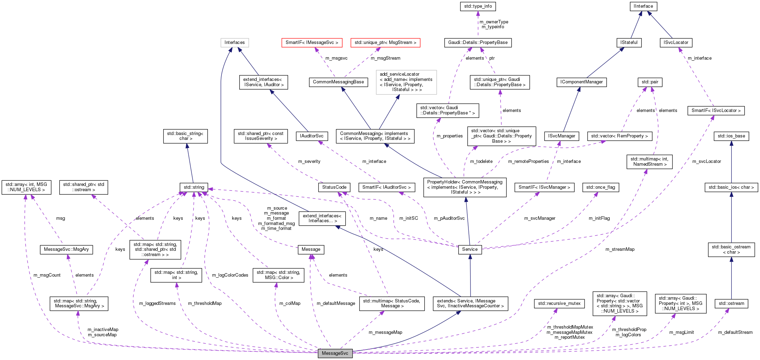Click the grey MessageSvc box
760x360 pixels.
335,353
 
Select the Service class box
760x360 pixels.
469,249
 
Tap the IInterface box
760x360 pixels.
643,6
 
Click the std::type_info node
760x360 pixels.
478,6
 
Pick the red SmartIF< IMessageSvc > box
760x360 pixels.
311,43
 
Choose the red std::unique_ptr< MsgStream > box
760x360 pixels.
385,43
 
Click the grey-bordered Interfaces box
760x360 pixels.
234,43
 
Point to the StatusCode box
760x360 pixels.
334,187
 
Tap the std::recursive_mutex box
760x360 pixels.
559,303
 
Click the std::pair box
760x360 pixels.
650,82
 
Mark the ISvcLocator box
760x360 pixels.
676,43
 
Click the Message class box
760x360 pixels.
311,249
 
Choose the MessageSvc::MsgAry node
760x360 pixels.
66,249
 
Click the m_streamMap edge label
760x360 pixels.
620,249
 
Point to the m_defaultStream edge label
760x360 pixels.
735,332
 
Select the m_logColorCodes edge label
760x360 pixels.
230,275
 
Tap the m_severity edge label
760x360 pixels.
309,162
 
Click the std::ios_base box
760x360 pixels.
731,136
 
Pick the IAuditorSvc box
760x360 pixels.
311,136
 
